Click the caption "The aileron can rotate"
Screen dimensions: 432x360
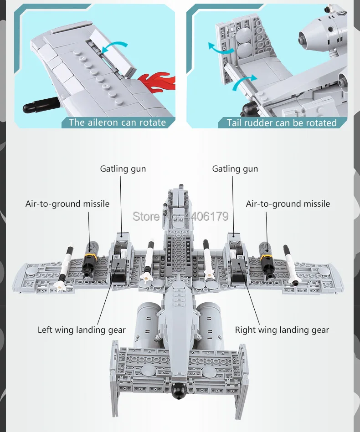117,122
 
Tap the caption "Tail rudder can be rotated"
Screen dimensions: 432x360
282,122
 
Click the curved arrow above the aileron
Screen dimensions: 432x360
116,45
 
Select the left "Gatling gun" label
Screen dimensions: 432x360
123,169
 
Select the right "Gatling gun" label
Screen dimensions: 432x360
235,169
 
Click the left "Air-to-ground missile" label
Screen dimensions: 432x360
67,203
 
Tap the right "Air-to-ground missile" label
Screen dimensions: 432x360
288,203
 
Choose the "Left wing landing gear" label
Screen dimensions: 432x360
82,330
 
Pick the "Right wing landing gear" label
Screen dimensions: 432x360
282,330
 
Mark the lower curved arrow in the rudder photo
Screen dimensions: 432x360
244,82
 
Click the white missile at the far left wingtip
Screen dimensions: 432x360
65,266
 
